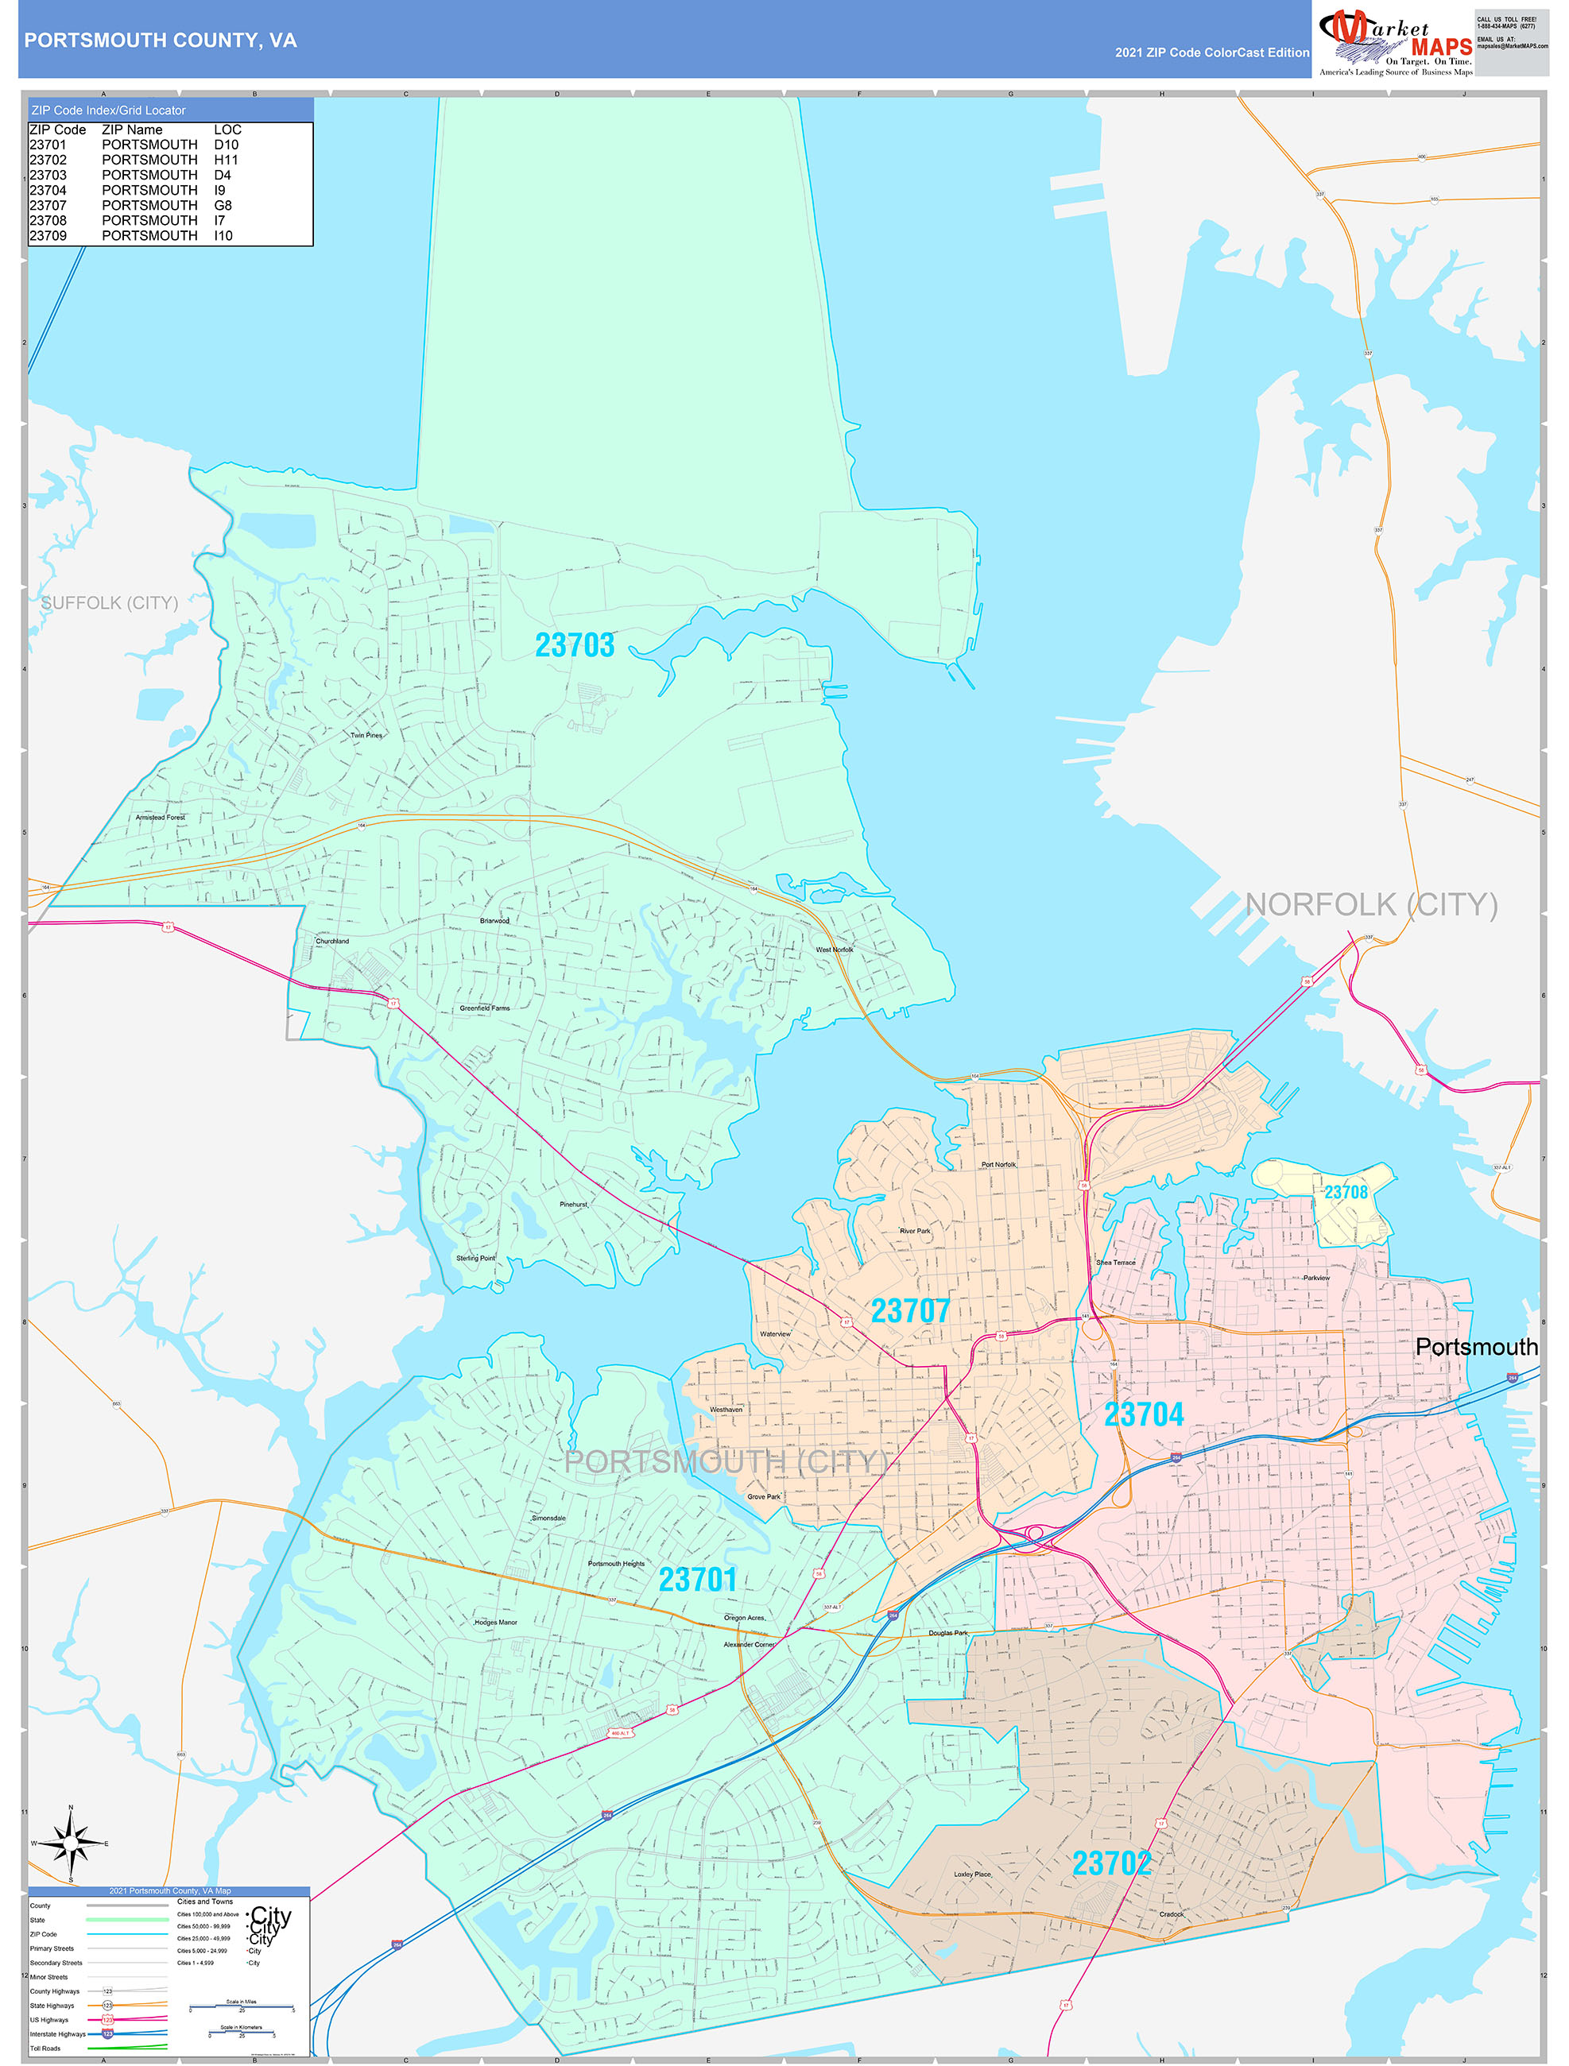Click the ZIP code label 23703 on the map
click(574, 645)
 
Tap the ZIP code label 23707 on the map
click(909, 1311)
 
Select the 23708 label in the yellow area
click(1345, 1193)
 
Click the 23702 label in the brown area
click(1111, 1864)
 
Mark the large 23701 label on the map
click(697, 1580)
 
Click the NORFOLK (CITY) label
click(1371, 904)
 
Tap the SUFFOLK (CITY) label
click(110, 603)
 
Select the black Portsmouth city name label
click(1475, 1348)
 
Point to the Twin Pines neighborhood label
click(366, 736)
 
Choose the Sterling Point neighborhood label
click(475, 1258)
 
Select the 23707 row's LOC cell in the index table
click(223, 206)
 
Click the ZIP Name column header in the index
click(132, 130)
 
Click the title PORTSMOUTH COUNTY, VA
click(160, 41)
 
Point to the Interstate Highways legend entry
click(58, 2034)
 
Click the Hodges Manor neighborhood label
click(495, 1623)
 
